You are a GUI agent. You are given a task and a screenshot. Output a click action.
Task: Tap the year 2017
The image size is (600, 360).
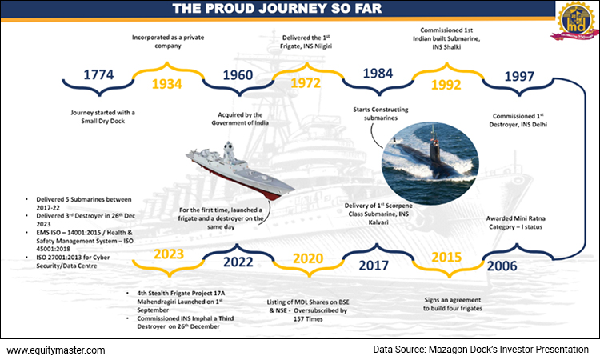coord(372,262)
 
